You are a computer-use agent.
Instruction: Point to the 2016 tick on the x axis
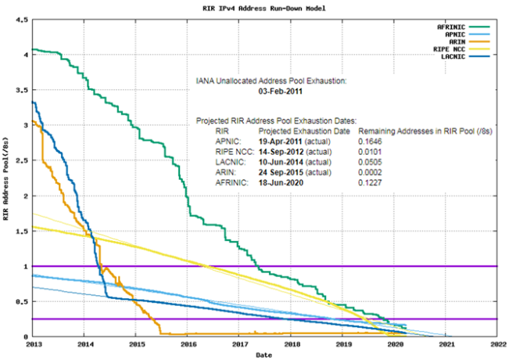click(x=188, y=344)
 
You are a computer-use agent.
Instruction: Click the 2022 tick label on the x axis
click(x=498, y=344)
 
